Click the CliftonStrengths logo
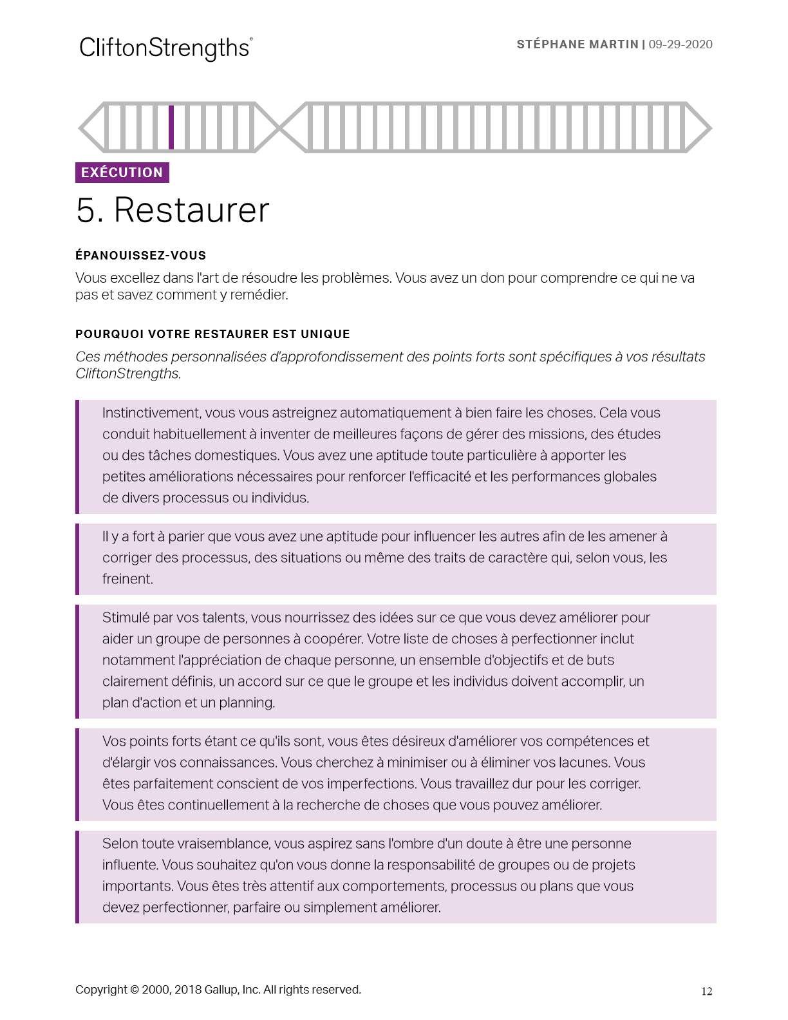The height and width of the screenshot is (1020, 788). click(x=165, y=48)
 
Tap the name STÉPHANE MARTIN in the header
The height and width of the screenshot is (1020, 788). click(x=577, y=44)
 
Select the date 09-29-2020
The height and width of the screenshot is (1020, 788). click(x=680, y=44)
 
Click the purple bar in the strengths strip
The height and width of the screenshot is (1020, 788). click(x=171, y=127)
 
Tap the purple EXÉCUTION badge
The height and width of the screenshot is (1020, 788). click(x=122, y=173)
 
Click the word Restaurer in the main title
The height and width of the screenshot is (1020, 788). click(x=191, y=211)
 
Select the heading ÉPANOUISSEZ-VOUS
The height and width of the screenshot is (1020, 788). click(x=140, y=256)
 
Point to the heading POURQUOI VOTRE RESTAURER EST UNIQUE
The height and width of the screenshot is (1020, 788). click(x=212, y=334)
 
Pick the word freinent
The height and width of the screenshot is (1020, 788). click(x=127, y=579)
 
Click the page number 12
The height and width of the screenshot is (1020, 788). click(x=706, y=992)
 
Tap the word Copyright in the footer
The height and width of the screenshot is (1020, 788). click(x=101, y=990)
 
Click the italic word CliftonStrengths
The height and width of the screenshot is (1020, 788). click(x=127, y=373)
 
